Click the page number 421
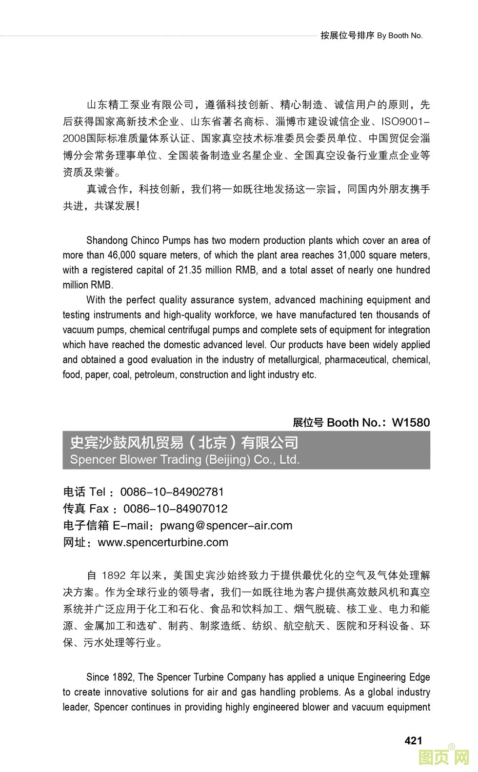[413, 740]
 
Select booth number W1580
[411, 422]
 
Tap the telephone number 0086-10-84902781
[172, 492]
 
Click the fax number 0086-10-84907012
[175, 509]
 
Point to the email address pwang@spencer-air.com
[226, 525]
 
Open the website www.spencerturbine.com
[163, 542]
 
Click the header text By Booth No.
[399, 36]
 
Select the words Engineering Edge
[394, 677]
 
